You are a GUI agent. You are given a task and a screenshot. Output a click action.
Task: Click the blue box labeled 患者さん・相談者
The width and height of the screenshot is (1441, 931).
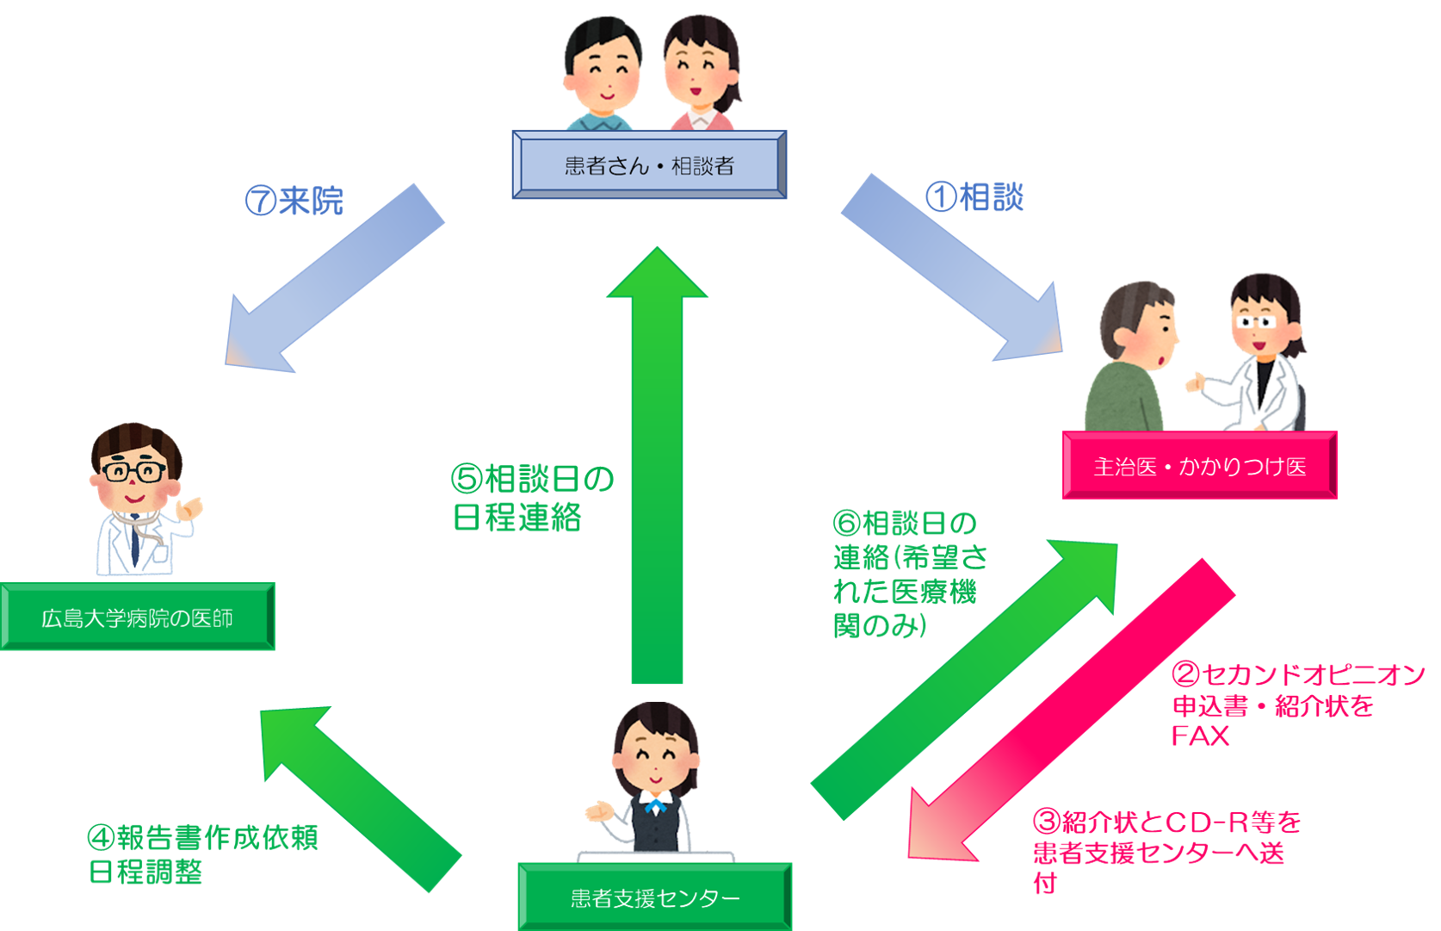[649, 164]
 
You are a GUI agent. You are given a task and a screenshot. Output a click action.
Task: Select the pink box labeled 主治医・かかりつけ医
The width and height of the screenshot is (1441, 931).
[1200, 465]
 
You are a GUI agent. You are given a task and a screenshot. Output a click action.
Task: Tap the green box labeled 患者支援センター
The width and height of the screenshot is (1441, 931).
[655, 897]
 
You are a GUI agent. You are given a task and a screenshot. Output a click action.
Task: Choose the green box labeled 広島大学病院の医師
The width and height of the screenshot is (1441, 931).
[138, 617]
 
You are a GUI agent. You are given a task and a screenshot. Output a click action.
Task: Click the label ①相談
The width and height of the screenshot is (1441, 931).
[974, 197]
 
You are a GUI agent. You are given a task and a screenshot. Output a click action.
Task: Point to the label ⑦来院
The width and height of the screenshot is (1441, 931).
[294, 201]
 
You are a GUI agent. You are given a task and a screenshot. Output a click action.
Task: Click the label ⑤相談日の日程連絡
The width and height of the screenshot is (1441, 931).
[532, 498]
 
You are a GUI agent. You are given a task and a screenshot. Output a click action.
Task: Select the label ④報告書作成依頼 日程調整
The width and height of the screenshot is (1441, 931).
[202, 855]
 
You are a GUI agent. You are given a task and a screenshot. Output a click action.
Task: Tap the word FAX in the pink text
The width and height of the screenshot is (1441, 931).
[1201, 735]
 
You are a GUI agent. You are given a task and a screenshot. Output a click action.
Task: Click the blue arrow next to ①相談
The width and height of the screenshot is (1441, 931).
[952, 267]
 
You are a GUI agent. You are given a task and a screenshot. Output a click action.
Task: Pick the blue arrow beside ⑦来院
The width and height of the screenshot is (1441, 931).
[335, 278]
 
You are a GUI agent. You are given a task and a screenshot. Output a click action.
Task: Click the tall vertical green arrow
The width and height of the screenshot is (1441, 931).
[657, 465]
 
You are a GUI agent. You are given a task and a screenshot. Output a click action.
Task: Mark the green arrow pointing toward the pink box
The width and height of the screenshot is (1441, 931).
[963, 680]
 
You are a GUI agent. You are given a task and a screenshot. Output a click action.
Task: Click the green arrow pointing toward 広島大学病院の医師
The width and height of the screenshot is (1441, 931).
[361, 799]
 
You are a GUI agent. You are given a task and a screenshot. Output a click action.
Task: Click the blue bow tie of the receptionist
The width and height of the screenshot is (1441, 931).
[656, 805]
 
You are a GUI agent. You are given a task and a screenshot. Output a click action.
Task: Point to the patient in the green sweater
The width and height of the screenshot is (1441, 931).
[1131, 357]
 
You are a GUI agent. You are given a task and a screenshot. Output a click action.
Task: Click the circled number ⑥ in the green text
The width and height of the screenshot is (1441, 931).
[846, 524]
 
